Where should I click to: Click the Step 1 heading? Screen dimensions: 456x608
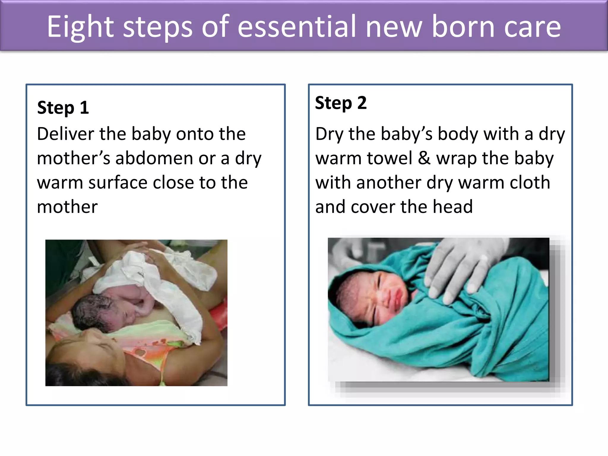point(63,107)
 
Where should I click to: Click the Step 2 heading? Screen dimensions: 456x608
point(341,103)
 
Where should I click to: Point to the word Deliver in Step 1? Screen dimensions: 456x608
point(65,134)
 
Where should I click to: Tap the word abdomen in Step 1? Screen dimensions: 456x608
point(154,158)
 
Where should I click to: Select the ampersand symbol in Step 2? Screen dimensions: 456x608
point(424,158)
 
